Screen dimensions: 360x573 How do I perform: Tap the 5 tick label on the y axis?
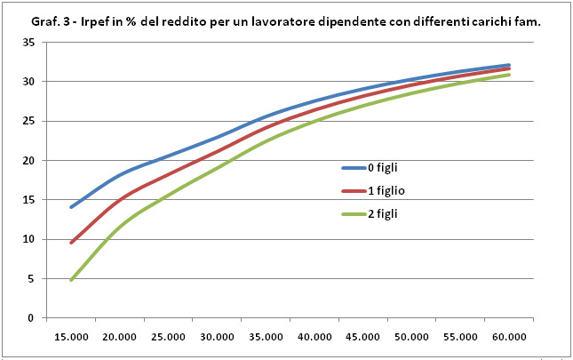coord(31,278)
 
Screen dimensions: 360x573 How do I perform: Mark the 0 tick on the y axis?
coord(31,317)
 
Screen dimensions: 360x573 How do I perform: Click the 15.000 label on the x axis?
coord(71,338)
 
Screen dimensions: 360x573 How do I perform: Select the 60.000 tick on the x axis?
coord(508,338)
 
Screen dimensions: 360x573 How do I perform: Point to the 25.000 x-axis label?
coord(168,338)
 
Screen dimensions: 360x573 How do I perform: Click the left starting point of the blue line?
coord(71,207)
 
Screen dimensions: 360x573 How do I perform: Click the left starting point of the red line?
coord(71,243)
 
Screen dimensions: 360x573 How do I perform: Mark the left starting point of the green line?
coord(71,280)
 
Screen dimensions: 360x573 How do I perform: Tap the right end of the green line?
coord(509,75)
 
